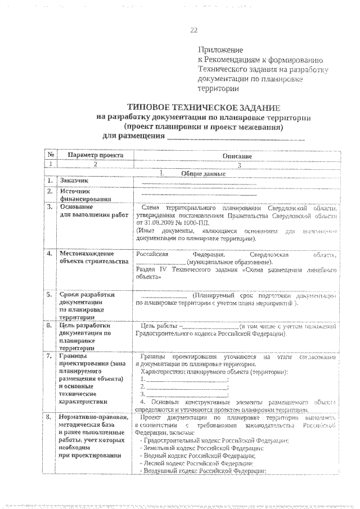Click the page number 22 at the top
pyautogui.click(x=193, y=30)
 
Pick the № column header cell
pyautogui.click(x=51, y=155)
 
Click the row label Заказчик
pyautogui.click(x=74, y=181)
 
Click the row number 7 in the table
pyautogui.click(x=49, y=357)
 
